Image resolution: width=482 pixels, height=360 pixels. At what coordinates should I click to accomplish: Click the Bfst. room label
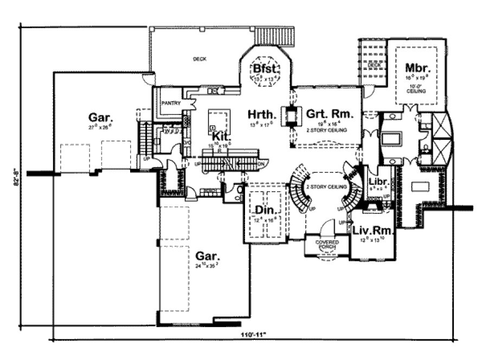click(x=266, y=69)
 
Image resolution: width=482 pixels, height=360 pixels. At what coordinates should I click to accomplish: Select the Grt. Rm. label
click(x=330, y=114)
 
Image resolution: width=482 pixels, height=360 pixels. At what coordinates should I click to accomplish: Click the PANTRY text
click(x=170, y=102)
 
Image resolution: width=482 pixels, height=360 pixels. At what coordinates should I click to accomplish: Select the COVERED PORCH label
click(x=329, y=244)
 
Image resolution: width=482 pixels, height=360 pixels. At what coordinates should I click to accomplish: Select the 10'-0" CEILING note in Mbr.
click(x=416, y=88)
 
